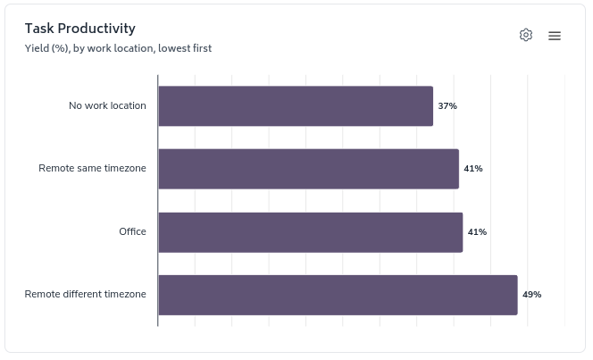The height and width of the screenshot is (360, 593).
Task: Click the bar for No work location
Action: (x=296, y=105)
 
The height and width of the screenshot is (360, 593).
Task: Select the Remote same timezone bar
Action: (x=308, y=169)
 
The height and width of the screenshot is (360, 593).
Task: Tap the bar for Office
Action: (x=310, y=232)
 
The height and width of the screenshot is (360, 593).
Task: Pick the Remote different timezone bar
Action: (x=338, y=295)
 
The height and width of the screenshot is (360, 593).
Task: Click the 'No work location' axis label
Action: (x=107, y=105)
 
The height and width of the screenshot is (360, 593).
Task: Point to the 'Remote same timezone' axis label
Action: (x=92, y=169)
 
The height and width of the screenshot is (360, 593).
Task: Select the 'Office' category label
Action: (x=132, y=232)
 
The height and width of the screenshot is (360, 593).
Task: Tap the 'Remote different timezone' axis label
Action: (x=85, y=295)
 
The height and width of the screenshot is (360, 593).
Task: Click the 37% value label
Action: (x=447, y=105)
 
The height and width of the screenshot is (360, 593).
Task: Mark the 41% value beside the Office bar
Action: (x=477, y=232)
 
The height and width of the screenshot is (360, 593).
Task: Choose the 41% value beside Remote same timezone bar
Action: (x=473, y=169)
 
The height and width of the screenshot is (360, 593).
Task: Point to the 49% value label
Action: (x=532, y=295)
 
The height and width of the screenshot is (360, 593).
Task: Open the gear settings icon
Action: (x=526, y=35)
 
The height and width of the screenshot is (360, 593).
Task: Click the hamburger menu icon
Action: (x=555, y=36)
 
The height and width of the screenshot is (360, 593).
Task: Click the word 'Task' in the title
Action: (x=40, y=29)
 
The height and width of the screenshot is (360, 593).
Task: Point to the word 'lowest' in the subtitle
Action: (x=175, y=48)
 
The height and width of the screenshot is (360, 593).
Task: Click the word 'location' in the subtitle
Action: (x=132, y=48)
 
